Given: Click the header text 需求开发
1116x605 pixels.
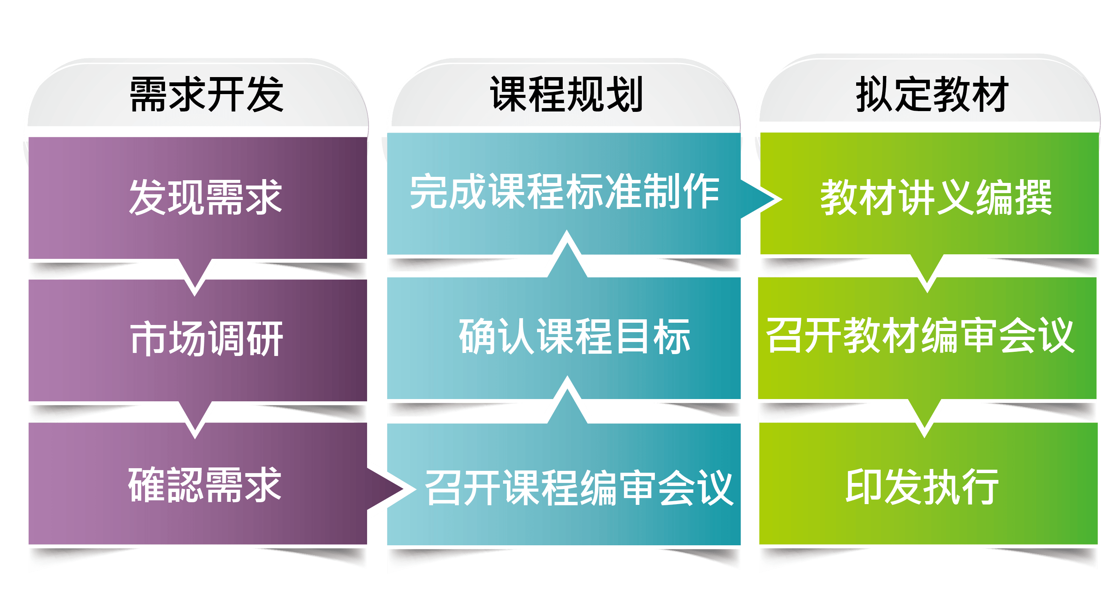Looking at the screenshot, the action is pos(207,94).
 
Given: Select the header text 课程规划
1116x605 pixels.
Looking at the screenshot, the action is pos(566,94).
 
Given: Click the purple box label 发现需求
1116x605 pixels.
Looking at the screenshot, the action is pos(206,198).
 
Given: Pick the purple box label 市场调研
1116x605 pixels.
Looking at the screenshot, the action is pos(207,339).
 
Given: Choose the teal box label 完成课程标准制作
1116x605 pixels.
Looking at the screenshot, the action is pos(565,191).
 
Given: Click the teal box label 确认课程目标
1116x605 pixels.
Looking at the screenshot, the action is pos(574,336).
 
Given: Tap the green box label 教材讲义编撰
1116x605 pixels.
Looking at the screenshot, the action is pos(936,198).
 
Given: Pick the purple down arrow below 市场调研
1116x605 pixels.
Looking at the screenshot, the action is pos(195,416).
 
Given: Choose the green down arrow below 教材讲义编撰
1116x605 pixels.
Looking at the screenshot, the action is pos(927,270).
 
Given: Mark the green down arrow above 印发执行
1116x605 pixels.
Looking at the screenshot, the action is pos(925,415).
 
